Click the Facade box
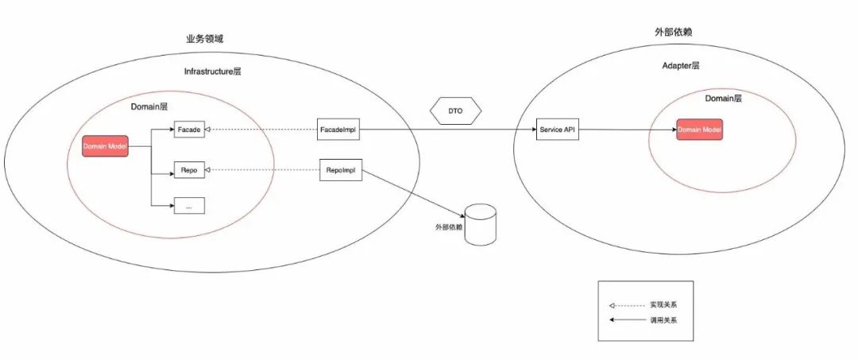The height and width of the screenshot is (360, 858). click(x=189, y=129)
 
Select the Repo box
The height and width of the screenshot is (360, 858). click(x=189, y=170)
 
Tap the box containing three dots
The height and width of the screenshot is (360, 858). click(x=189, y=205)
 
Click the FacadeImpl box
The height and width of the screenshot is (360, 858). click(x=339, y=129)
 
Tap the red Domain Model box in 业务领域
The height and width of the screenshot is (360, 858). click(x=105, y=147)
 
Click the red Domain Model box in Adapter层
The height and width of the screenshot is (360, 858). click(x=700, y=130)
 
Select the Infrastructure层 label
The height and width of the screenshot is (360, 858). click(x=212, y=72)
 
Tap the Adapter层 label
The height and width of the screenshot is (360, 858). click(x=681, y=66)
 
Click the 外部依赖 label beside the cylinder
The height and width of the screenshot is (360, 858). click(x=448, y=227)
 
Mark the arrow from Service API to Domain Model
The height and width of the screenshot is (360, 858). click(x=628, y=130)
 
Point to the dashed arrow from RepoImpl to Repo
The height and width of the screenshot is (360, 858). click(x=262, y=170)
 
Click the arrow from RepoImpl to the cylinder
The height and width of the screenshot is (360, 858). click(x=413, y=195)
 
